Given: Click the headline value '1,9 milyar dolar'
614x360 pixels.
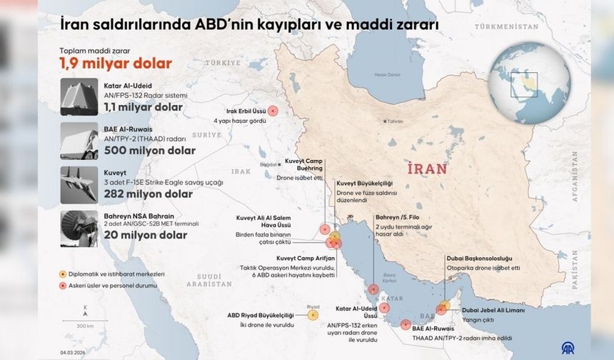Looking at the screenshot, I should point(115,63).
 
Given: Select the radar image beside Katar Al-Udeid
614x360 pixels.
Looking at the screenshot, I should point(79,96).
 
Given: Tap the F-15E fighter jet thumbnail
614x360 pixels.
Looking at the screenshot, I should point(79,184).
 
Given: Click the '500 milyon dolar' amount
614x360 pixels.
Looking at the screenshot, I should point(149,151).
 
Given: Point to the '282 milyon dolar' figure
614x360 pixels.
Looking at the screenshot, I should point(148,194).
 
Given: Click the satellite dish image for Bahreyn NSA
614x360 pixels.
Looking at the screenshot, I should point(79,228).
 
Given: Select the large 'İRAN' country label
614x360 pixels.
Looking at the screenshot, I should point(427,169).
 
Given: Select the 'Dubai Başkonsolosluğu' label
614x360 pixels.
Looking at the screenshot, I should point(479,258).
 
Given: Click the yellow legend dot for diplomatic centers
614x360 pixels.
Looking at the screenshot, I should point(64,274).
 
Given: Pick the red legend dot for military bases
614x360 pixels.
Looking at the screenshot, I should point(64,284).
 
